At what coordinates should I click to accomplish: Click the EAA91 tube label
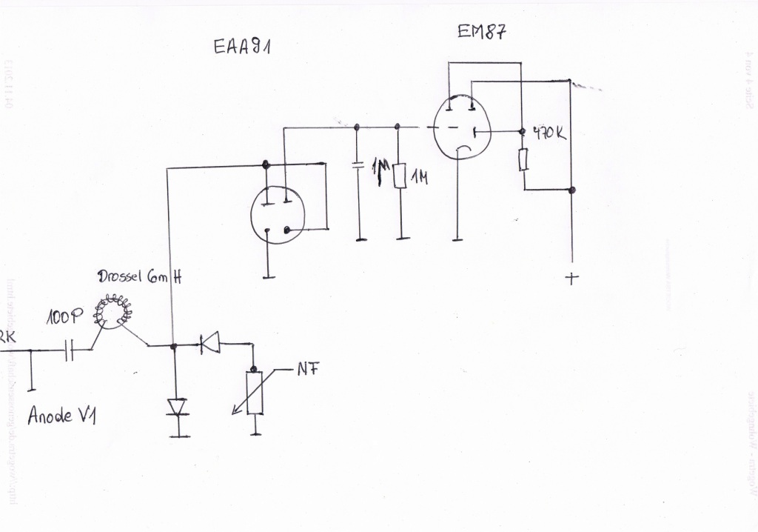tap(242, 47)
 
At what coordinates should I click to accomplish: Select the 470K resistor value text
tap(549, 135)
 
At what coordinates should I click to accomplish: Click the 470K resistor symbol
tap(523, 159)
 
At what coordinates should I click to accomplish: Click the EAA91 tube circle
tap(278, 215)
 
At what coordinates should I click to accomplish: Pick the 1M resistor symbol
tap(400, 176)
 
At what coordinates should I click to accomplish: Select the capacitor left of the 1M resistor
tap(359, 164)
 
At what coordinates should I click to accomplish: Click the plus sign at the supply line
tap(571, 279)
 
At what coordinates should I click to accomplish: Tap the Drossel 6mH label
tap(139, 279)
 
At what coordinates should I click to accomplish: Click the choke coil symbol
tap(113, 312)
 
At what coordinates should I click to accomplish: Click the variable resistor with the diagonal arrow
tap(255, 393)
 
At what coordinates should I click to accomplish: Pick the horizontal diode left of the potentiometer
tap(210, 342)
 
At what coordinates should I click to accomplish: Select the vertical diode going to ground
tap(176, 407)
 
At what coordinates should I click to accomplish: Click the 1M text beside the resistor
tap(419, 177)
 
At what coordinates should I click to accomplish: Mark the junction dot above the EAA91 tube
tap(266, 164)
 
